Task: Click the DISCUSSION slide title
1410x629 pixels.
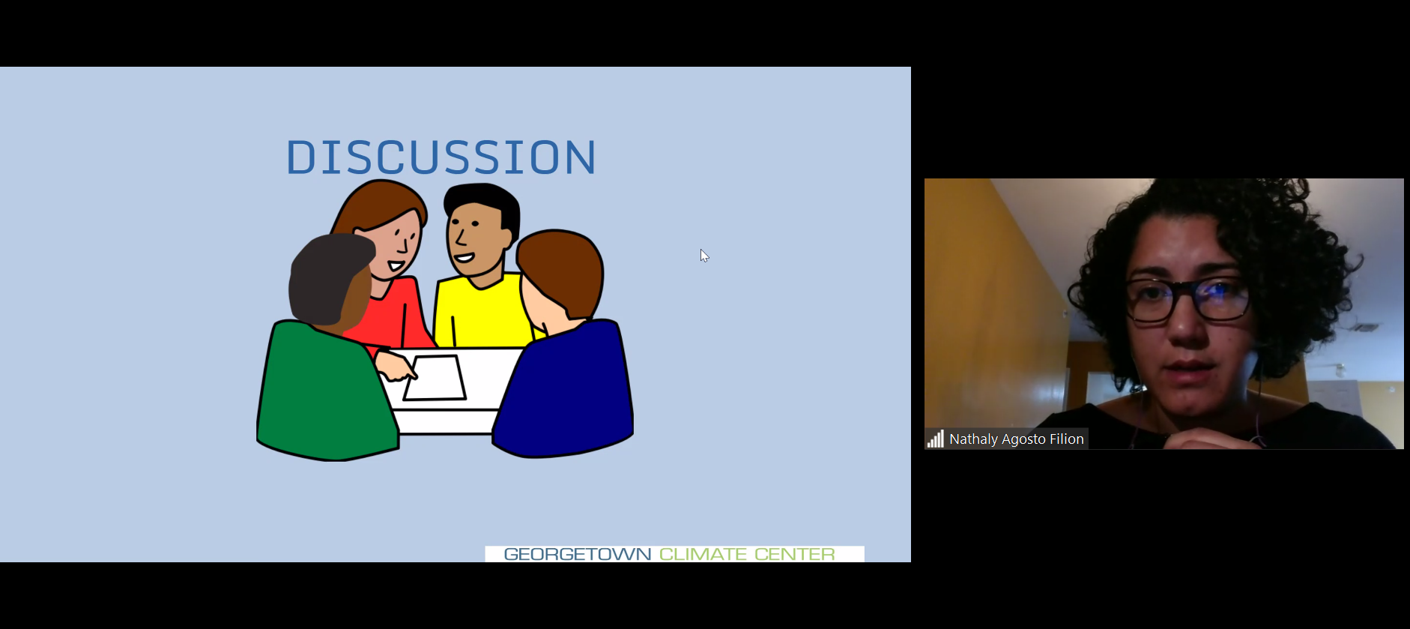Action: [x=441, y=157]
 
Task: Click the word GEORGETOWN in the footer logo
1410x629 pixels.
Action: [x=578, y=554]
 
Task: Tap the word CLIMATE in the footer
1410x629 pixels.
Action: [x=703, y=554]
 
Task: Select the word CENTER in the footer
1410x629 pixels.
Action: [x=794, y=554]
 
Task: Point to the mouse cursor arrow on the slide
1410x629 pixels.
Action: [x=704, y=256]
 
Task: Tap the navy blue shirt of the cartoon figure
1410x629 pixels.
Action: [x=566, y=390]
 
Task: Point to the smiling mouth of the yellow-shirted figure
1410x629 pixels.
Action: [x=464, y=258]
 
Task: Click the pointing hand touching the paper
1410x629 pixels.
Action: [x=395, y=365]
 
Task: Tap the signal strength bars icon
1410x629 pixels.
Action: [x=935, y=439]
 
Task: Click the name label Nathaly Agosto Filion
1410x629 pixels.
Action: [x=1017, y=439]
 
